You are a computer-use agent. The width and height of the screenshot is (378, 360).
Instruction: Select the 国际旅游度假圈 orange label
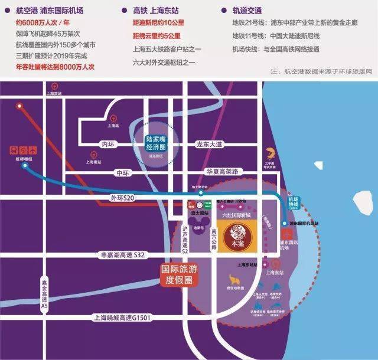tap(180, 273)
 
